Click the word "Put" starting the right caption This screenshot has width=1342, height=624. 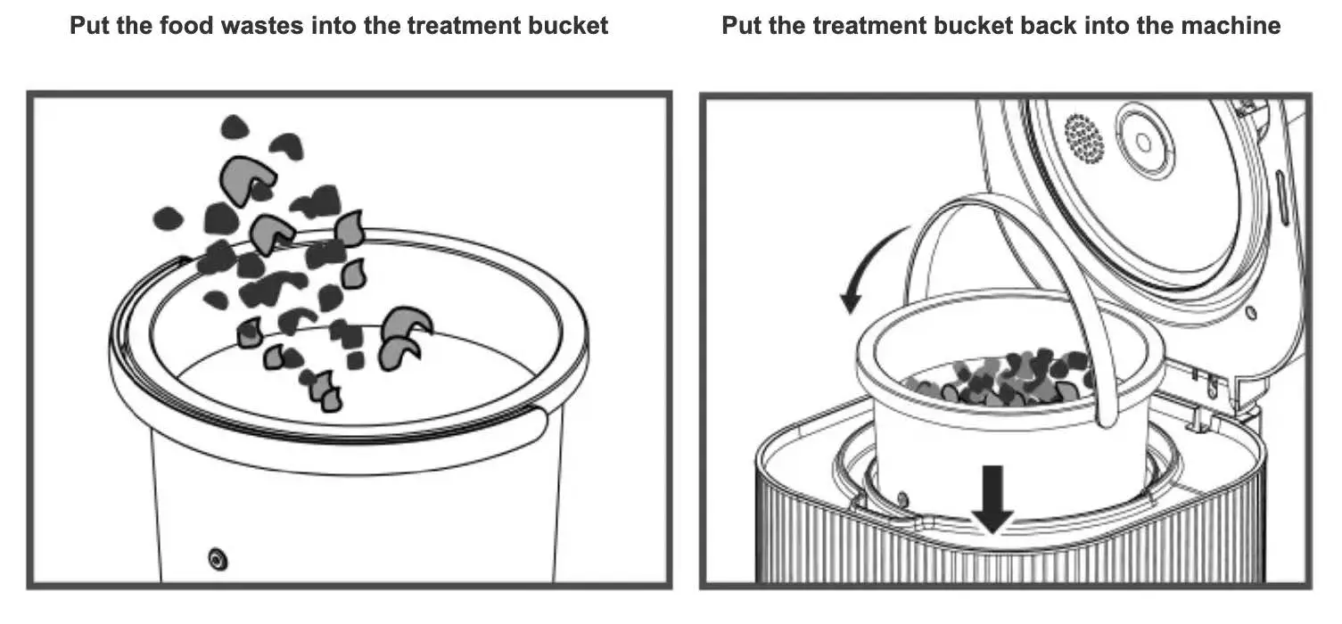[x=742, y=25]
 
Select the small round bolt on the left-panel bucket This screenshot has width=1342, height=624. [x=215, y=559]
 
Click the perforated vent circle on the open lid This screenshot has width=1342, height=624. [x=1083, y=138]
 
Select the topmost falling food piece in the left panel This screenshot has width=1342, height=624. [x=234, y=127]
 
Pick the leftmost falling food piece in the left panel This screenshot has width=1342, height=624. [x=167, y=218]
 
